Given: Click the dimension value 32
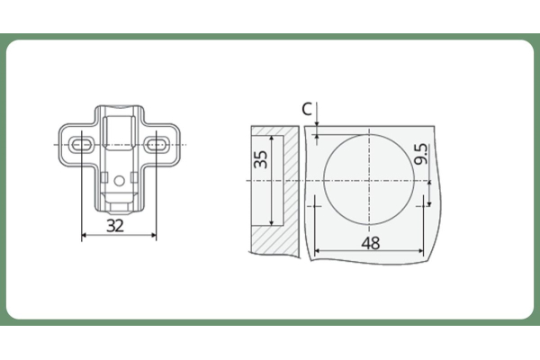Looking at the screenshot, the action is coord(115,226).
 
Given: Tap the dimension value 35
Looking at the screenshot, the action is coord(261,159).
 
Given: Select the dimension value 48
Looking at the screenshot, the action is coord(371,243).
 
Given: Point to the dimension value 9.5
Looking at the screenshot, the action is coord(421,154).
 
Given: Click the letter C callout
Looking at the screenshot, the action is coord(307,109).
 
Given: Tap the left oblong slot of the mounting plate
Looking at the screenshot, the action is coord(81,144).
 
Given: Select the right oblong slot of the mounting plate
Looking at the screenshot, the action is coord(157,144).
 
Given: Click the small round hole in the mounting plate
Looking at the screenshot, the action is coord(119,181).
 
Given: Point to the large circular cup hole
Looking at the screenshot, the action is coord(323,179).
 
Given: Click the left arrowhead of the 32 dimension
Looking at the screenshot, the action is coord(84,235).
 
